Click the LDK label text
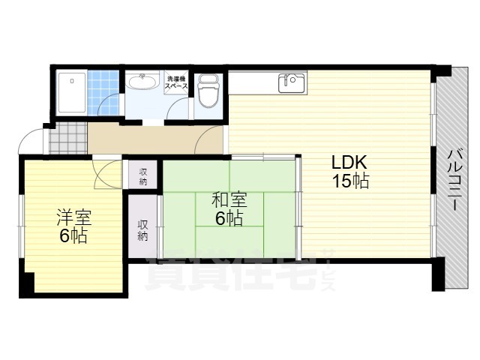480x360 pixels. pyautogui.click(x=349, y=163)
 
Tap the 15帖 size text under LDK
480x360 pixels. pyautogui.click(x=349, y=181)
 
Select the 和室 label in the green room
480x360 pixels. pyautogui.click(x=228, y=200)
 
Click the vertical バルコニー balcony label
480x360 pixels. pyautogui.click(x=453, y=180)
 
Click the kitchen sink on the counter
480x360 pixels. pyautogui.click(x=292, y=82)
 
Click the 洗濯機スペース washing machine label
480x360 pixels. pyautogui.click(x=176, y=82)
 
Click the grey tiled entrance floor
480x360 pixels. pyautogui.click(x=67, y=138)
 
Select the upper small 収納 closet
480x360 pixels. pyautogui.click(x=142, y=175)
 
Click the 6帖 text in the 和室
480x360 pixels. pyautogui.click(x=228, y=218)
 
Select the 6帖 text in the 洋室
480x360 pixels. pyautogui.click(x=73, y=236)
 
